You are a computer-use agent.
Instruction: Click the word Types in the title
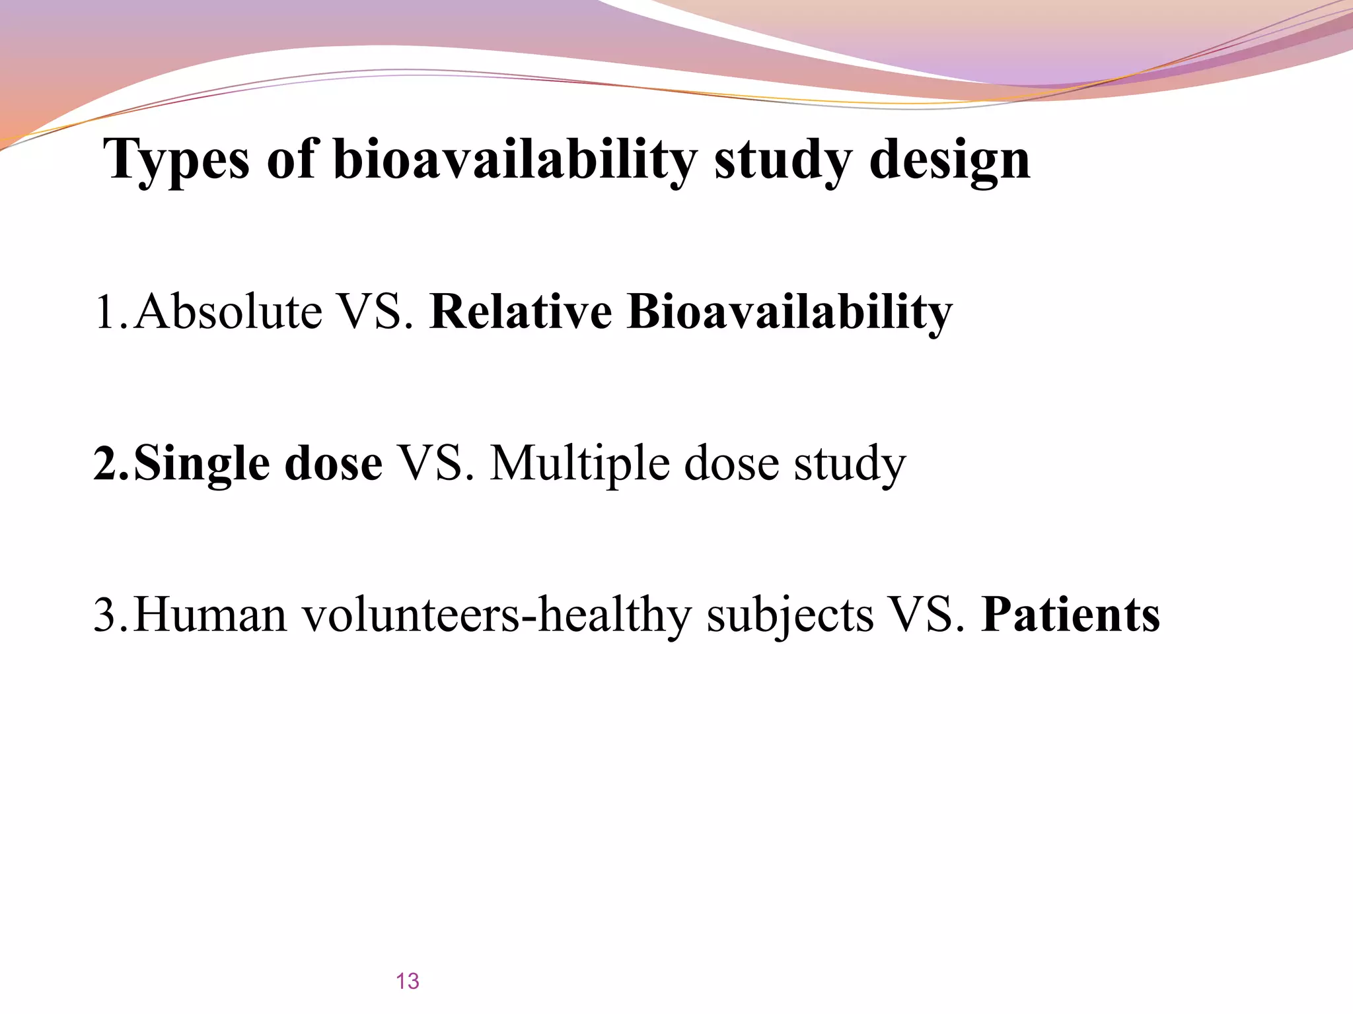coord(177,160)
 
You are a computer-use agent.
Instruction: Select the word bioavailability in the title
coord(515,160)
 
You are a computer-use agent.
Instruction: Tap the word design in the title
coord(949,160)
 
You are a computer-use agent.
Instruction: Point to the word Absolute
coord(228,312)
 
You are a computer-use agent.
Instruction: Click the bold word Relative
coord(521,312)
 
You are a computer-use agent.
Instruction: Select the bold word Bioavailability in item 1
coord(789,312)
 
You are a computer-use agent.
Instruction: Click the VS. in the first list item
coord(375,312)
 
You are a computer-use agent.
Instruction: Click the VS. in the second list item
coord(436,463)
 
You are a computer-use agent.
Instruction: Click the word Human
coord(210,615)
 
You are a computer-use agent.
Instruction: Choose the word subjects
coord(789,615)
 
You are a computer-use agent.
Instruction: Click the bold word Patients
coord(1070,615)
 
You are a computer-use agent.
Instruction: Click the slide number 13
coord(408,981)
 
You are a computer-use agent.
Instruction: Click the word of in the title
coord(291,160)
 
